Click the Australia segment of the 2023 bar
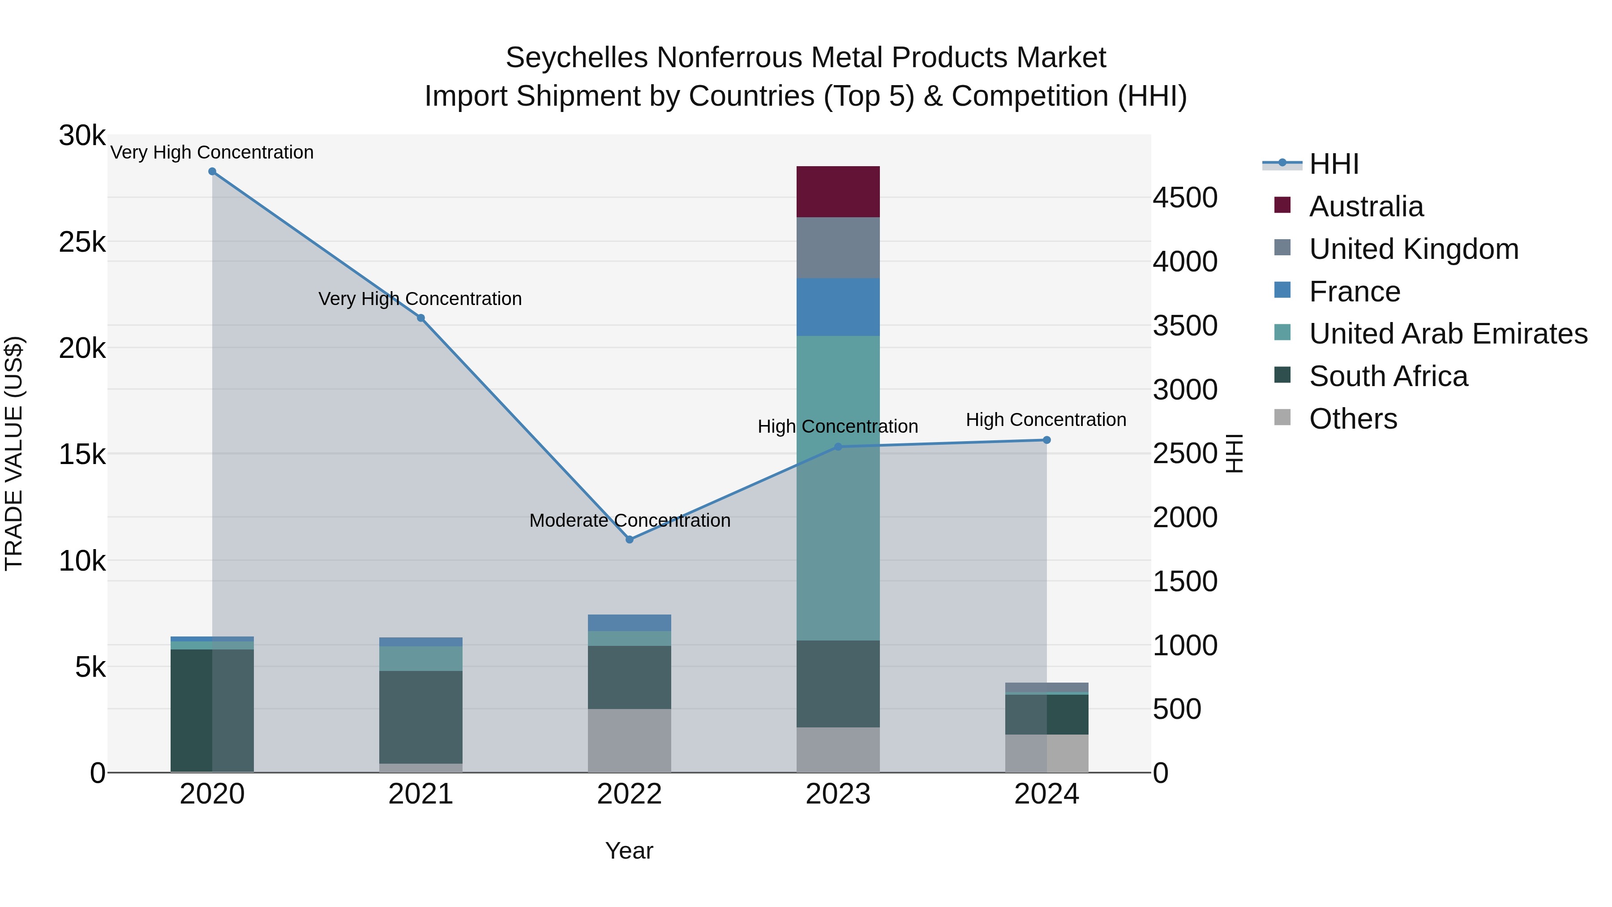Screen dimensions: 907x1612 pyautogui.click(x=838, y=192)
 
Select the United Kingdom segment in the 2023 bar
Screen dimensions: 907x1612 pyautogui.click(x=838, y=247)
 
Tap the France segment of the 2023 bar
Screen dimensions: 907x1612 pyautogui.click(x=838, y=307)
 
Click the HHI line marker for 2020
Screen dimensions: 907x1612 pyautogui.click(x=212, y=172)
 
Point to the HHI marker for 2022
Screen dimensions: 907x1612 pyautogui.click(x=630, y=540)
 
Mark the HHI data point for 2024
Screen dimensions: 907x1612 pyautogui.click(x=1047, y=440)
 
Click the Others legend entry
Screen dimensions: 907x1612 pyautogui.click(x=1352, y=419)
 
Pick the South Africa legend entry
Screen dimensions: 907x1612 pyautogui.click(x=1388, y=376)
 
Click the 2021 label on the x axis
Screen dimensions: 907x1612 pyautogui.click(x=420, y=794)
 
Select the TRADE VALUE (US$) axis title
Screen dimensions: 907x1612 pyautogui.click(x=14, y=453)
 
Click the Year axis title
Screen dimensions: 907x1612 pyautogui.click(x=629, y=851)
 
